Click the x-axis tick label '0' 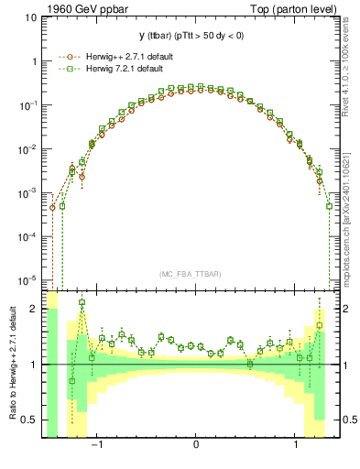click(x=196, y=444)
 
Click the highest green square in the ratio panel click(x=82, y=302)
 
